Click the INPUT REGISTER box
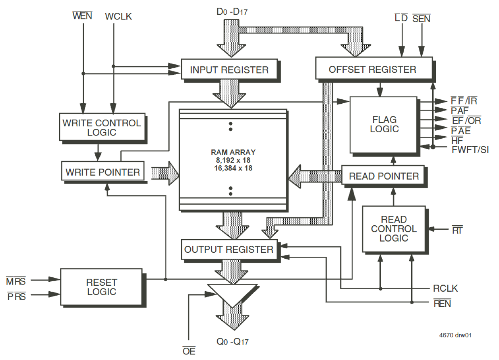click(229, 70)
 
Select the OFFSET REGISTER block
click(373, 69)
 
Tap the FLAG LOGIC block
click(384, 124)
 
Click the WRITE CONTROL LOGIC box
click(101, 127)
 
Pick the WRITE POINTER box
click(103, 172)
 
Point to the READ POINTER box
click(384, 176)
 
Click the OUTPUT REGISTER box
click(229, 250)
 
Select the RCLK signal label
click(445, 288)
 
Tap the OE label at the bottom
click(189, 351)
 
